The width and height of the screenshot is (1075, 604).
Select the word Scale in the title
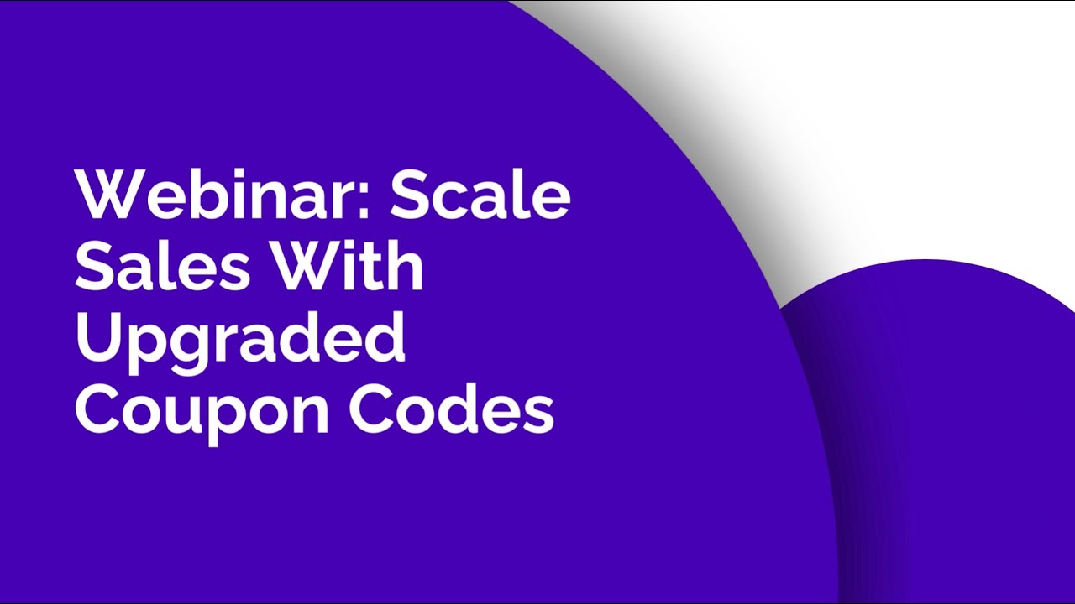[480, 195]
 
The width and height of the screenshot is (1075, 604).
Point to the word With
[352, 267]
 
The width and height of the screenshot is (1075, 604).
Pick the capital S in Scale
[410, 195]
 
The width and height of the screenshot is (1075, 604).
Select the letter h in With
[406, 267]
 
